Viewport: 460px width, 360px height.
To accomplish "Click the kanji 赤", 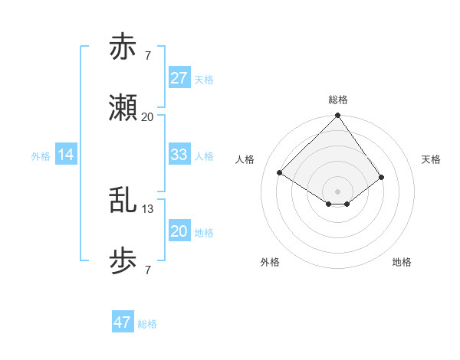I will click(x=123, y=47).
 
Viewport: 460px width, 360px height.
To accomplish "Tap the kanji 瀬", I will click(x=123, y=109).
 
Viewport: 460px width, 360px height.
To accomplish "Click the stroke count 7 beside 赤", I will click(x=147, y=55).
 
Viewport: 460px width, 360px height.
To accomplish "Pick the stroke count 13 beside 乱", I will click(x=148, y=208).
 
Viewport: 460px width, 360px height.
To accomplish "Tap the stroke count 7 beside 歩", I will click(x=147, y=270).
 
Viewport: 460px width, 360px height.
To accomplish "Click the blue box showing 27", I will click(x=179, y=78).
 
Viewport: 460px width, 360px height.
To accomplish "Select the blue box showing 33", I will click(x=179, y=155).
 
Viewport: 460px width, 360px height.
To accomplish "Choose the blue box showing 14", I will click(x=66, y=155).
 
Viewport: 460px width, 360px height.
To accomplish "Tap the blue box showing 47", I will click(x=123, y=322).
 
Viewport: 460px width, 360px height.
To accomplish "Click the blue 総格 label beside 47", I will click(x=147, y=324).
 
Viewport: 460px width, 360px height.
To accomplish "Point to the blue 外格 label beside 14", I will click(x=41, y=156).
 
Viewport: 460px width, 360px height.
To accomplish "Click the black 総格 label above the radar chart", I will click(x=337, y=100).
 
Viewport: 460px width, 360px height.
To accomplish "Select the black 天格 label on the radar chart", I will click(x=431, y=159).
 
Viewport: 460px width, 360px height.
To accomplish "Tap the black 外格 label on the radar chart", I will click(x=270, y=262).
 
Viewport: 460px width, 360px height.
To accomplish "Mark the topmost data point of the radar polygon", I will click(x=337, y=116).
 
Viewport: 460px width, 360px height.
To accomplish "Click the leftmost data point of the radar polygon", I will click(x=280, y=173).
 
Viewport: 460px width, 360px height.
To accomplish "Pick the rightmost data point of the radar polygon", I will click(x=382, y=177).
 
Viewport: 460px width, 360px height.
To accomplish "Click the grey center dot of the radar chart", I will click(x=337, y=191).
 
